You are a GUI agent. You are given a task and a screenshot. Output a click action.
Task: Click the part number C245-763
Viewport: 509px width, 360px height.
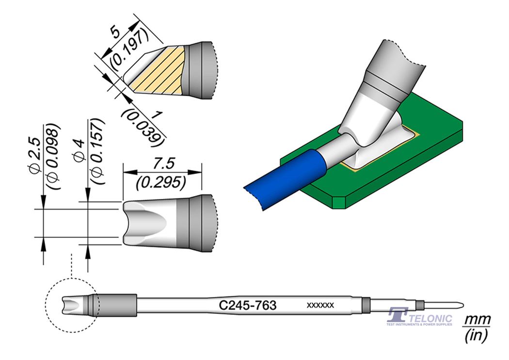point(248,305)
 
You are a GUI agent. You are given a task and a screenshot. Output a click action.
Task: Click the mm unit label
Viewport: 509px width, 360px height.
point(477,320)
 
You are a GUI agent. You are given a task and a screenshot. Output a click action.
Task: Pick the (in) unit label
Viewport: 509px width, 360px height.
point(477,335)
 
